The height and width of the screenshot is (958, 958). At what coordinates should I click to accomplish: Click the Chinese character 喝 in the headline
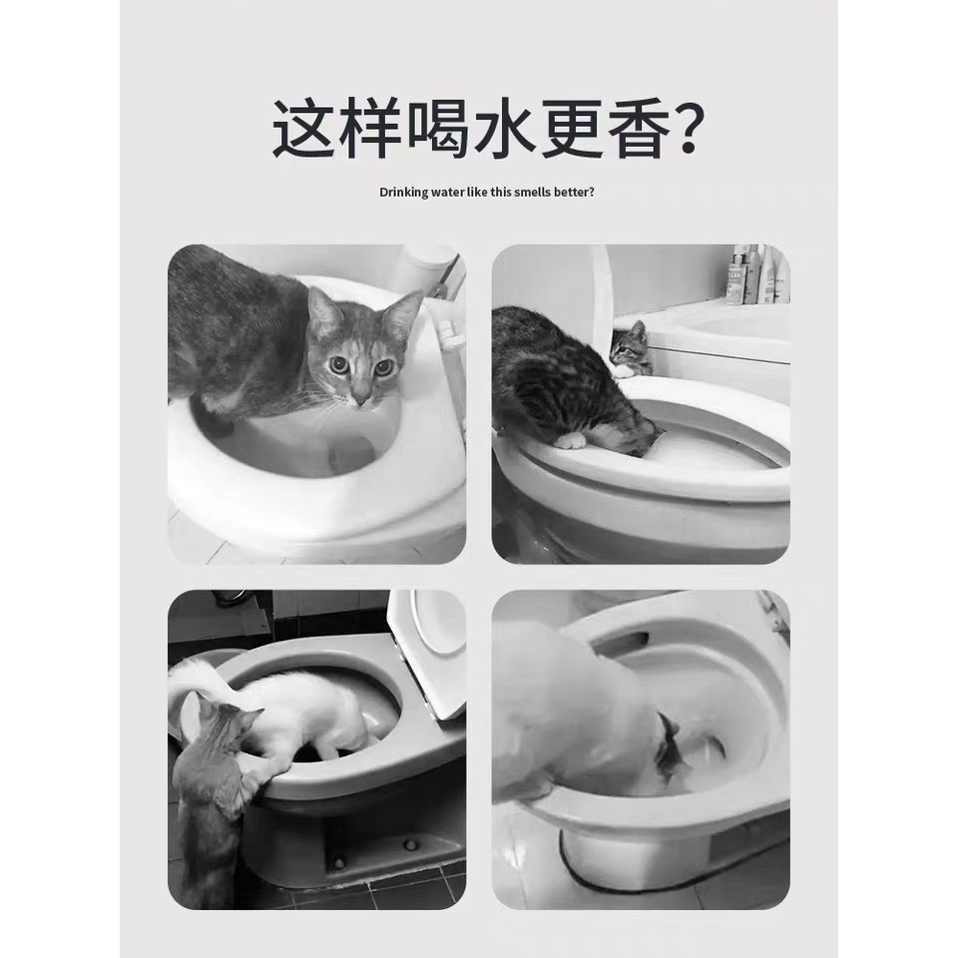pyautogui.click(x=439, y=129)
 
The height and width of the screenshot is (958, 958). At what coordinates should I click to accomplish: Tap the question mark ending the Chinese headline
pyautogui.click(x=688, y=129)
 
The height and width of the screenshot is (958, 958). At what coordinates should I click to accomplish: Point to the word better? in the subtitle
pyautogui.click(x=575, y=192)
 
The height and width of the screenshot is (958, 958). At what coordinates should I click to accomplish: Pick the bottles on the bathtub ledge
pyautogui.click(x=756, y=274)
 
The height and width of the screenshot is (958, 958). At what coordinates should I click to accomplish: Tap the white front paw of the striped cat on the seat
pyautogui.click(x=571, y=440)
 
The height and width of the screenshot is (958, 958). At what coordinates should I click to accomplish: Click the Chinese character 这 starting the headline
pyautogui.click(x=303, y=129)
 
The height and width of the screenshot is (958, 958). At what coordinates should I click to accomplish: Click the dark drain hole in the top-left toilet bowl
pyautogui.click(x=350, y=453)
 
